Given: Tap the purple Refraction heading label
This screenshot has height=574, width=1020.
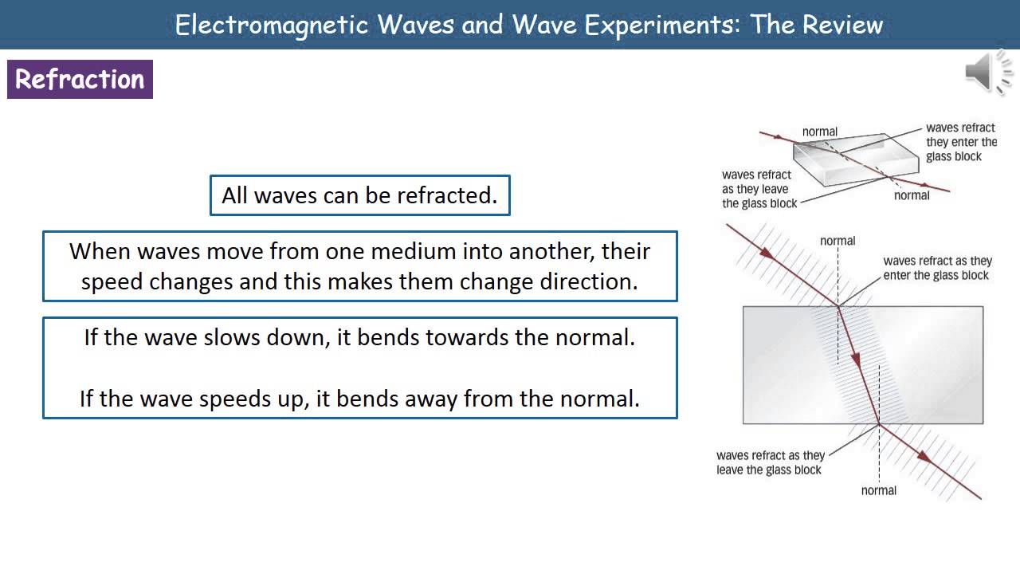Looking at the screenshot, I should pyautogui.click(x=80, y=80).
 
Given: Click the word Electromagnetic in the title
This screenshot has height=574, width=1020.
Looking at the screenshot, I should pyautogui.click(x=272, y=25).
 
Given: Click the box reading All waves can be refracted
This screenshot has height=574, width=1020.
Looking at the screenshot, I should pyautogui.click(x=359, y=195).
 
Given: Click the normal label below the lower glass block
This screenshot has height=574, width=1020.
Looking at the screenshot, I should pyautogui.click(x=879, y=490).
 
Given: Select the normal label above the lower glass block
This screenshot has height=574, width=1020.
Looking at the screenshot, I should pyautogui.click(x=838, y=241).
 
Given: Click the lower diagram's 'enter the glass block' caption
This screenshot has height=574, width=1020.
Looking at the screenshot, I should pyautogui.click(x=937, y=268).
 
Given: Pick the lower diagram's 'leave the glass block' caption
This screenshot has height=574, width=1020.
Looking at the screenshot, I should pyautogui.click(x=770, y=463).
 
